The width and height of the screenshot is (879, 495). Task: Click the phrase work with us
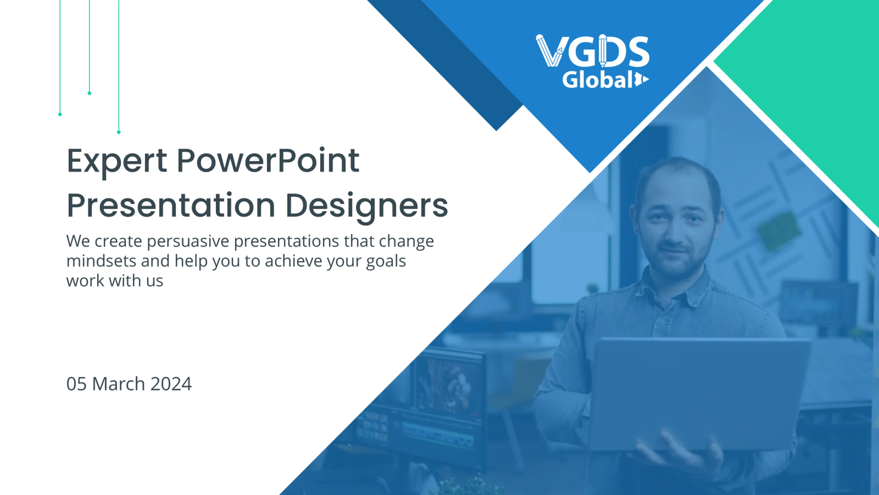(115, 281)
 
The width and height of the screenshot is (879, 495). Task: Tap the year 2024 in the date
(171, 384)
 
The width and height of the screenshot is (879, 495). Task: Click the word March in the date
(119, 384)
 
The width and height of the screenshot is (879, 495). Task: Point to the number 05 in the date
(76, 384)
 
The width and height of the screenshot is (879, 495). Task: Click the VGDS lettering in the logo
(593, 51)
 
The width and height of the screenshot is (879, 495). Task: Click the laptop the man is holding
(700, 393)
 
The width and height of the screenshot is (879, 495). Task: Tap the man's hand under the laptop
(679, 454)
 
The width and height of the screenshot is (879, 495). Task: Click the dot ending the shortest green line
(89, 93)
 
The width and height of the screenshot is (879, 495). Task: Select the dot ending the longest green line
(119, 132)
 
